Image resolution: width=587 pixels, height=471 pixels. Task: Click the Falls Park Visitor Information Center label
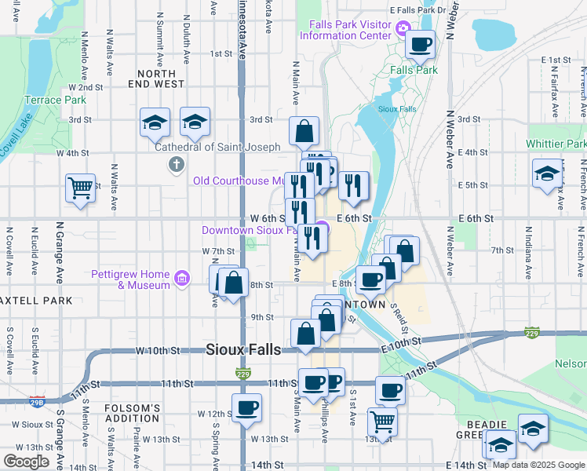click(350, 30)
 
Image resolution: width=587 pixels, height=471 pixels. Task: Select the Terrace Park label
click(55, 100)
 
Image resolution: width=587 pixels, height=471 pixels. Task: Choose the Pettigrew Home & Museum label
click(130, 279)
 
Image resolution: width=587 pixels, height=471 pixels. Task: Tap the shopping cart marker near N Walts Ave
click(80, 188)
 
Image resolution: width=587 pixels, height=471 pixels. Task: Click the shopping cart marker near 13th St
click(382, 421)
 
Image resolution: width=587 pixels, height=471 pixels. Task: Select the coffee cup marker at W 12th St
click(246, 408)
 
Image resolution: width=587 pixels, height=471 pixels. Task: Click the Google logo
click(26, 462)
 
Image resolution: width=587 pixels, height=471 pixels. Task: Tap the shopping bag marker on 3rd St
click(304, 132)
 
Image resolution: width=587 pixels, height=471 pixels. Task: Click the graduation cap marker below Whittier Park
click(547, 174)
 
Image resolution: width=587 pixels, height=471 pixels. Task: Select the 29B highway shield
click(36, 401)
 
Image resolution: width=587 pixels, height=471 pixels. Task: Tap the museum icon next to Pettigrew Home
click(183, 277)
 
